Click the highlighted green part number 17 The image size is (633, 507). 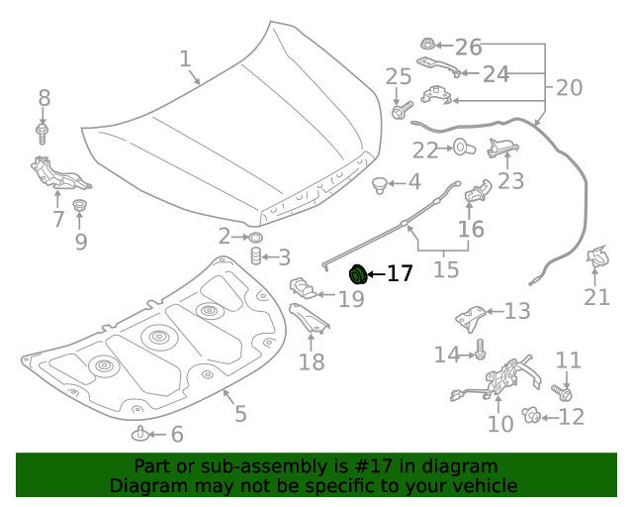pos(358,273)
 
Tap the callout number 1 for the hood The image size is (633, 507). pos(185,59)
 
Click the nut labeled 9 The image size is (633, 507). pos(80,207)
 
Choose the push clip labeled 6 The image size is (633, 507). pos(141,434)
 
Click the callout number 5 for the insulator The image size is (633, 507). pos(240,412)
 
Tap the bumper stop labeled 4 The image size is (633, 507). pos(380,183)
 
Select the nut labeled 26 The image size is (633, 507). pos(426,46)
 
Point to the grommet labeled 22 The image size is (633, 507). pos(462,150)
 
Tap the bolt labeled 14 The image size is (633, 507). pos(480,350)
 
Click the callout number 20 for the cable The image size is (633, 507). pos(569,87)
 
